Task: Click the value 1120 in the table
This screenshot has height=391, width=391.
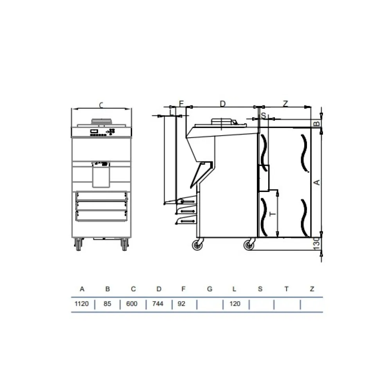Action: coord(82,304)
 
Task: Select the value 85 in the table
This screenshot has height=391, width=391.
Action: coord(108,304)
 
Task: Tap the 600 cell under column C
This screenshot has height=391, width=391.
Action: coord(133,304)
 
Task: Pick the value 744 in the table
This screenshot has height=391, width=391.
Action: coord(159,304)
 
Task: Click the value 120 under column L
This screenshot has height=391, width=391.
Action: coord(235,304)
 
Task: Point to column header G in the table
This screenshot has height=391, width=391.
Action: coord(210,289)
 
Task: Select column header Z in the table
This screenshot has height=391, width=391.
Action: coord(312,289)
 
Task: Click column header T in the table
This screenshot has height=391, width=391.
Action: coord(286,289)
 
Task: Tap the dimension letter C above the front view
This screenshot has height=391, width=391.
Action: coord(101,105)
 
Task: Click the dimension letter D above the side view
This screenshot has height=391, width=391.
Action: coord(222,104)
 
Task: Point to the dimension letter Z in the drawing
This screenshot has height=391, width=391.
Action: coord(285,104)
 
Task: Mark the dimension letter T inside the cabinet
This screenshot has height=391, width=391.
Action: coord(273,214)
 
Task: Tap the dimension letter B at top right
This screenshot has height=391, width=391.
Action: coord(317,124)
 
